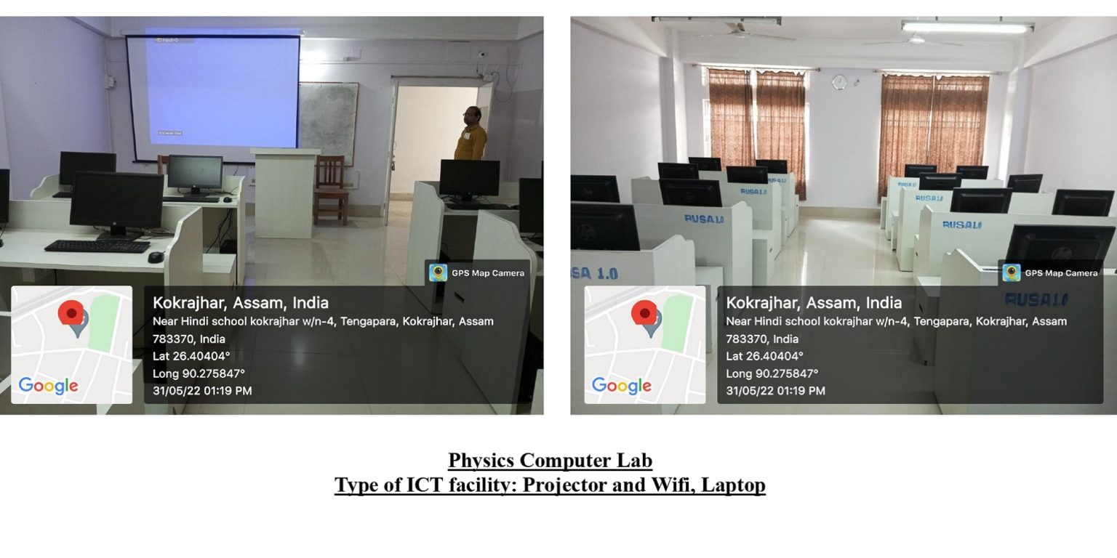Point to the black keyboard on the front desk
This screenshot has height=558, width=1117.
pos(97,246)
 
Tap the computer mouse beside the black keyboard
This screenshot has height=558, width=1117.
pos(156,256)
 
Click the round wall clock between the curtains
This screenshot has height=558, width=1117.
pos(839,81)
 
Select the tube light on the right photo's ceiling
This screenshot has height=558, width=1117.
pos(967,28)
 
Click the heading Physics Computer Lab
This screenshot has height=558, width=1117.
pos(550,461)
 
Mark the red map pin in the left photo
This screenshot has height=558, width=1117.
pos(71,314)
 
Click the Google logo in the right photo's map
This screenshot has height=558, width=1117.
pos(622,386)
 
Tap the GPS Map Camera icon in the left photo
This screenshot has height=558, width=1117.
pos(438,272)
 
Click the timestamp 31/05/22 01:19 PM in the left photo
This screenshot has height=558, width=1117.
pos(202,391)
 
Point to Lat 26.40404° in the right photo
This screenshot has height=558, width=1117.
pos(764,356)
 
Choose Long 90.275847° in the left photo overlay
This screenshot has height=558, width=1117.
pos(199,373)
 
